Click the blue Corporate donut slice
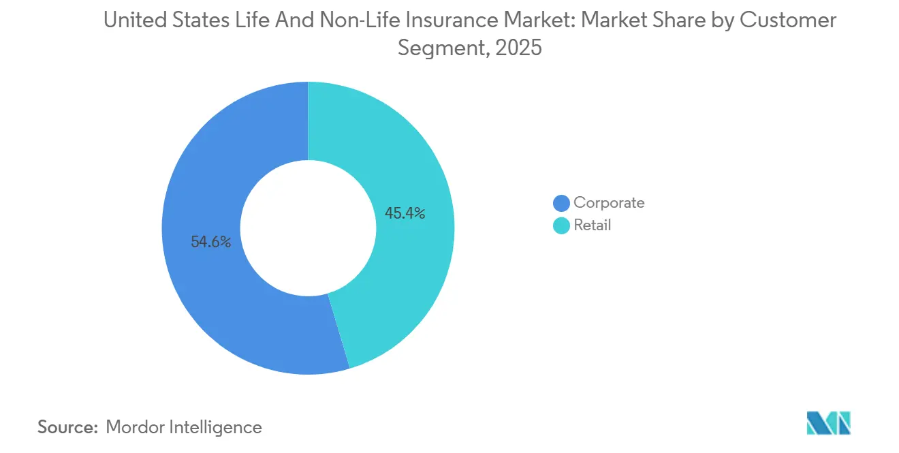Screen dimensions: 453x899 (x=204, y=286)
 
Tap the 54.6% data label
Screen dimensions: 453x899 (x=210, y=241)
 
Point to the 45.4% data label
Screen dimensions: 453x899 (x=405, y=213)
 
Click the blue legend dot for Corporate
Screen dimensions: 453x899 (x=561, y=203)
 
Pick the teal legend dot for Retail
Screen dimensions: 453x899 (x=561, y=225)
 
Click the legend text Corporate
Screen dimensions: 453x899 (x=608, y=202)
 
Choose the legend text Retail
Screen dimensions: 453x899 (x=592, y=225)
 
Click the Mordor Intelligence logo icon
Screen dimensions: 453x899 (x=828, y=423)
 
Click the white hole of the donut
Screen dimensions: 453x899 (x=308, y=228)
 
